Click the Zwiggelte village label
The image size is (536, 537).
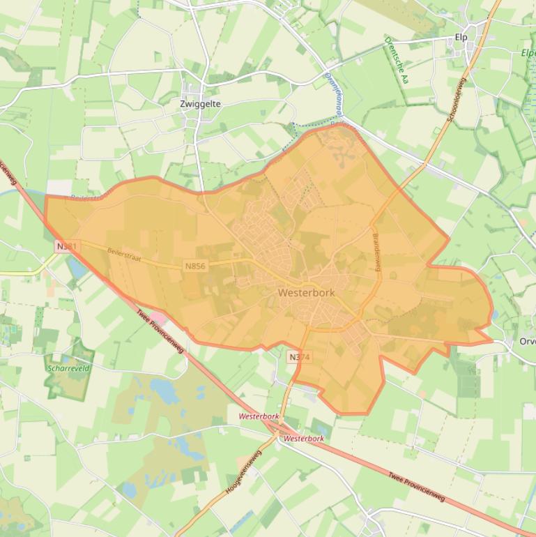click(200, 103)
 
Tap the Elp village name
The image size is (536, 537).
click(461, 37)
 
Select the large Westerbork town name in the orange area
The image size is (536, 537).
click(306, 293)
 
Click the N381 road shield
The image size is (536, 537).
click(68, 246)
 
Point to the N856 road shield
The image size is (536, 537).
click(195, 266)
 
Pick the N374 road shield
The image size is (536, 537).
click(299, 357)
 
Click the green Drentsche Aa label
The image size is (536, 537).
click(395, 60)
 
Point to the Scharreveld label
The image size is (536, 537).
click(68, 368)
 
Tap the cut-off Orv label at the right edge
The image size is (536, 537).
click(527, 342)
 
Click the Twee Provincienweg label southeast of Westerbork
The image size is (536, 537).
click(416, 485)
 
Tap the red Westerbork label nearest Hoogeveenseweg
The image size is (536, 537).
click(259, 416)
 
